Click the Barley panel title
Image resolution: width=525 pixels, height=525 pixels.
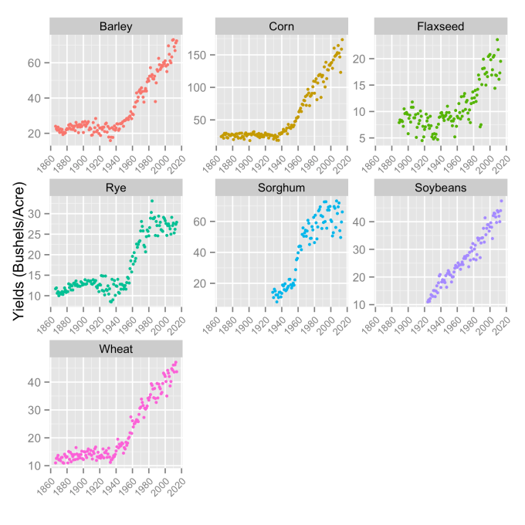pos(114,27)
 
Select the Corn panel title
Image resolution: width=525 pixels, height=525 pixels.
pos(280,27)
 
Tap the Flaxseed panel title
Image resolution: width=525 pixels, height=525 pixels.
pos(440,27)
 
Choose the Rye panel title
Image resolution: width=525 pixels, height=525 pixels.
pos(114,188)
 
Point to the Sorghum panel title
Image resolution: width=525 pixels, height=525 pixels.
pos(280,188)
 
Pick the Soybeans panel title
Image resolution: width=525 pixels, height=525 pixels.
pos(440,188)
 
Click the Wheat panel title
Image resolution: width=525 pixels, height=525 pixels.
pos(114,350)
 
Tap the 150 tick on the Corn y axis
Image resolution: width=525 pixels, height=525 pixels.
pos(202,55)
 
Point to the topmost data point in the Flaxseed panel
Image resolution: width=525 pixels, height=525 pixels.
pos(497,40)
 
